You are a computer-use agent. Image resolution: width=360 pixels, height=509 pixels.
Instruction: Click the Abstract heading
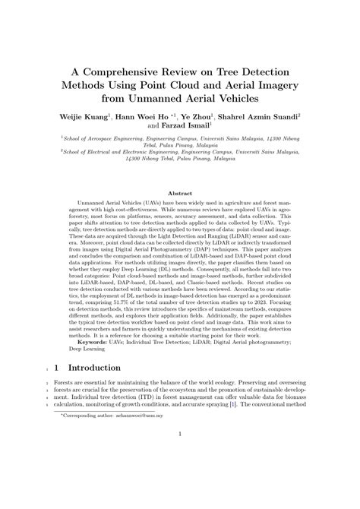(x=180, y=194)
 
